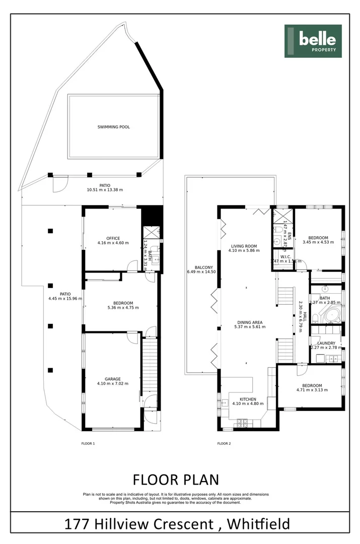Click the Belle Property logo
coord(313,41)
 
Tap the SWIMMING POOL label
coord(113,127)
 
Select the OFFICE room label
coord(113,238)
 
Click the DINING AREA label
coord(248,322)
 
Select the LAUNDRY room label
coord(326,343)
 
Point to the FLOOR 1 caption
coord(88,444)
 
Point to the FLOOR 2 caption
coord(224,444)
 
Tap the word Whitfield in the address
coord(258,524)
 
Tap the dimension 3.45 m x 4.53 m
coord(318,243)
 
